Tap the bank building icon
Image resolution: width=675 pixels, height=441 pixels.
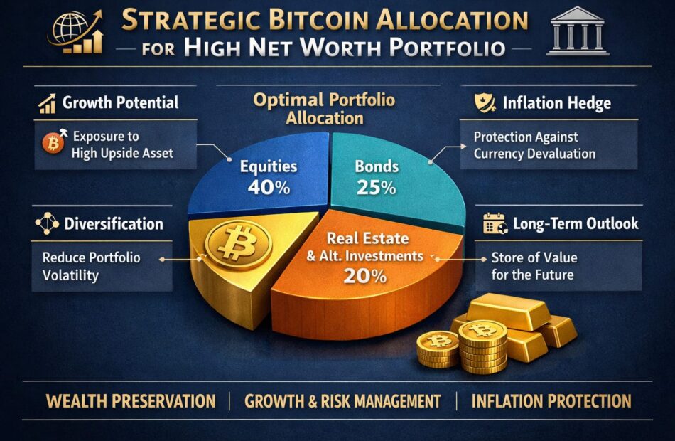tap(578, 31)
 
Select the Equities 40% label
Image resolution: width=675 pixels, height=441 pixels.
tap(269, 176)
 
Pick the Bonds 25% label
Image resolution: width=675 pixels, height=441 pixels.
tap(377, 176)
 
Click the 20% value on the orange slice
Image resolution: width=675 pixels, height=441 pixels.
tap(364, 276)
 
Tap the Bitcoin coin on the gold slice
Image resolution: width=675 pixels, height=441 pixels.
tap(238, 243)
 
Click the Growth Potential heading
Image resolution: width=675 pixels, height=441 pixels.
tap(120, 102)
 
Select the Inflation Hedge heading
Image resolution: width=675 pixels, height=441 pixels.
tap(556, 103)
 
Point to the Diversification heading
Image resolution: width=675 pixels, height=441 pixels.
tap(114, 224)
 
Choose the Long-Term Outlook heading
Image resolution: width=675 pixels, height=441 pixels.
tap(576, 223)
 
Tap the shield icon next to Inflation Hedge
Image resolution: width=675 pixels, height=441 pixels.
tap(485, 103)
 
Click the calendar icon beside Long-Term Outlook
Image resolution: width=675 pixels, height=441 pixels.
tap(495, 223)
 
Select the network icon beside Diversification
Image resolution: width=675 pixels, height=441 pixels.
tap(47, 223)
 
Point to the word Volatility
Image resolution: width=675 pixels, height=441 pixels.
tap(70, 275)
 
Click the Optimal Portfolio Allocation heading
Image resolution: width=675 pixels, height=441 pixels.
tap(324, 109)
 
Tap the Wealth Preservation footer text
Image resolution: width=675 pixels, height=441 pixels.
tap(131, 401)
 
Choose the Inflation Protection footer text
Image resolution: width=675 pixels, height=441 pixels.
tap(551, 401)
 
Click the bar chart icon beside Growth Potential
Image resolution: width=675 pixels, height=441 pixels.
tap(47, 103)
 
